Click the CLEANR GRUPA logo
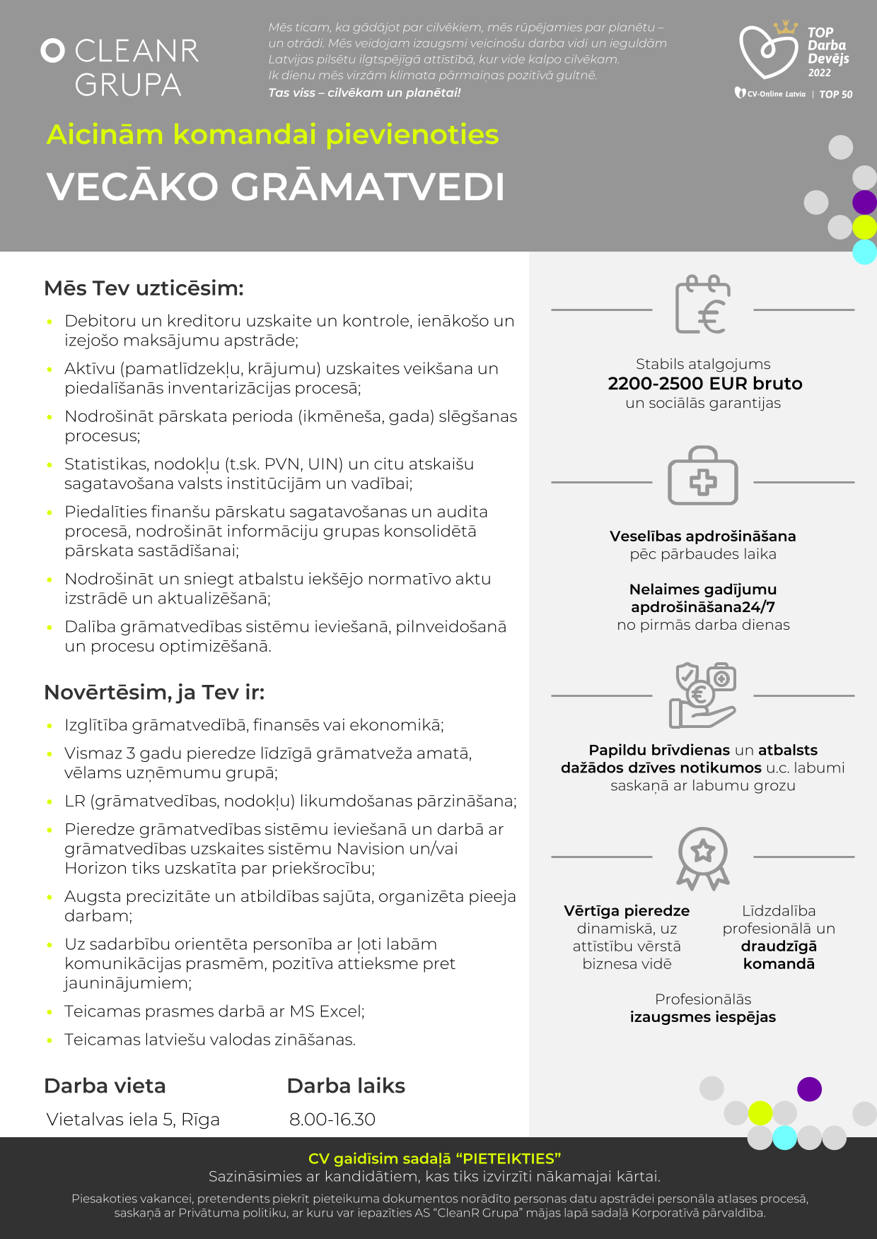[x=120, y=67]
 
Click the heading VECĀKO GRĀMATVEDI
[x=276, y=187]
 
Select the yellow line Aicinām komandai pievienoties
[x=272, y=134]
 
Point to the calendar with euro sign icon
[x=702, y=305]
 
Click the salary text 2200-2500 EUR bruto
[x=705, y=384]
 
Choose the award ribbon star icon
[x=702, y=857]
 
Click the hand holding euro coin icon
[x=702, y=695]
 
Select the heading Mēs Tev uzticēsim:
[x=144, y=288]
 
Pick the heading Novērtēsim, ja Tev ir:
[x=154, y=692]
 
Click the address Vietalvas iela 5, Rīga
[x=133, y=1120]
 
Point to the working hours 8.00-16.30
[x=332, y=1120]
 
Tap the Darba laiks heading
[x=346, y=1086]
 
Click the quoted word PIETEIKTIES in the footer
[x=509, y=1158]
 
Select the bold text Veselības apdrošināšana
[x=703, y=536]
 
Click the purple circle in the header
[x=864, y=203]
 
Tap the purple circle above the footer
[x=809, y=1089]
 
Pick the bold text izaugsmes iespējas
[x=703, y=1017]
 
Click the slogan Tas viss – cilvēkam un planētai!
[x=364, y=93]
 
